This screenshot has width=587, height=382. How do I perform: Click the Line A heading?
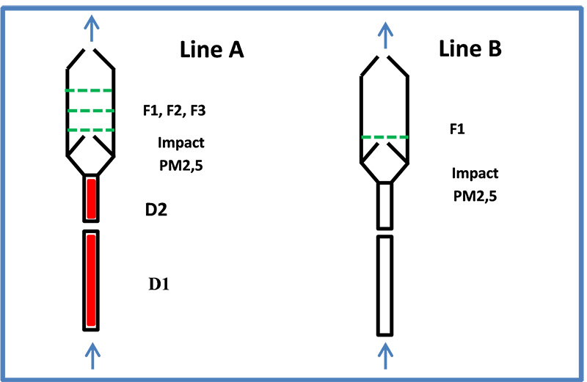pyautogui.click(x=211, y=51)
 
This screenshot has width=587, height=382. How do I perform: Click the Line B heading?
pyautogui.click(x=470, y=49)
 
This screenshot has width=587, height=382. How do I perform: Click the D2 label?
pyautogui.click(x=157, y=210)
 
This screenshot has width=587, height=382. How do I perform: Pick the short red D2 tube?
pyautogui.click(x=91, y=199)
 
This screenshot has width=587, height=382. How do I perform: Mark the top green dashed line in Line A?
pyautogui.click(x=90, y=91)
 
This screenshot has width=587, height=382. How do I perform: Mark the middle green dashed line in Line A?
pyautogui.click(x=90, y=111)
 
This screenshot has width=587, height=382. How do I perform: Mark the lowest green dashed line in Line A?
pyautogui.click(x=90, y=130)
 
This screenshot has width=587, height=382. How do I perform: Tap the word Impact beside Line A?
pyautogui.click(x=181, y=143)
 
